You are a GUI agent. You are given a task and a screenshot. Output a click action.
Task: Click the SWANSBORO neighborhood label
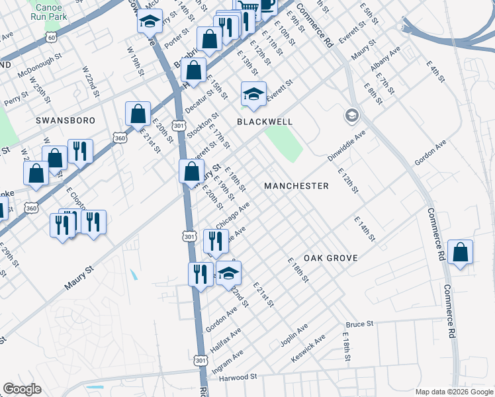point(66,120)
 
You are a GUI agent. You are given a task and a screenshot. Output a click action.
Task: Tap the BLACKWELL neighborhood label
point(265,122)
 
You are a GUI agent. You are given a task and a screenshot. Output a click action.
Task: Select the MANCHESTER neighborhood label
point(296,186)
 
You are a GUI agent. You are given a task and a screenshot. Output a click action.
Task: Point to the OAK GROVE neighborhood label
point(331,257)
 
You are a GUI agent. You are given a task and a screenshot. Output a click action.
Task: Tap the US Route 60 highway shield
point(52,38)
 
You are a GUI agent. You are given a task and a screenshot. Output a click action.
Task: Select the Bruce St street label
point(360,325)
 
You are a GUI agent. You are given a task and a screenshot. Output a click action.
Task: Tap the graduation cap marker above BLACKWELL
point(253,95)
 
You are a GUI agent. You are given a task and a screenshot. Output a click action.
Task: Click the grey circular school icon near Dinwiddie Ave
point(352,116)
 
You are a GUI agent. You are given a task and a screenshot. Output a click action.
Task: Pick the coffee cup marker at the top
point(267,5)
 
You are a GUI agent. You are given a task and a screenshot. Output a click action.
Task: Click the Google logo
point(22,389)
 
